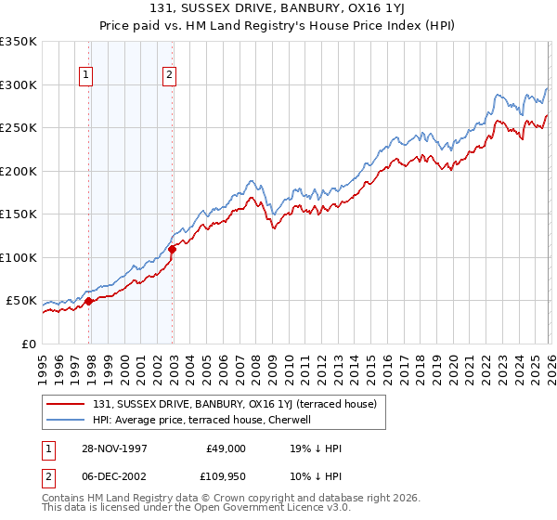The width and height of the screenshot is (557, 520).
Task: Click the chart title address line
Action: pyautogui.click(x=278, y=8)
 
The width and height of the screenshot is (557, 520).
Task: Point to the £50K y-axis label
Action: pyautogui.click(x=20, y=301)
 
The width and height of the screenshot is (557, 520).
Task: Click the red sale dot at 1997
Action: pyautogui.click(x=89, y=301)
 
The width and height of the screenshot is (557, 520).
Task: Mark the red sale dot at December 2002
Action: pyautogui.click(x=173, y=248)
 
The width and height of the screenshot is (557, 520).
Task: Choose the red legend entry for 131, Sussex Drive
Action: pyautogui.click(x=233, y=404)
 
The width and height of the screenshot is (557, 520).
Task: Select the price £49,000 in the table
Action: pyautogui.click(x=226, y=448)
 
